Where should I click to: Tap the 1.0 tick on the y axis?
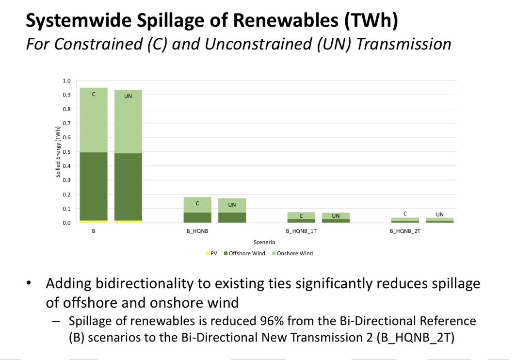(67, 81)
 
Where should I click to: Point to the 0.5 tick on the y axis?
(67, 152)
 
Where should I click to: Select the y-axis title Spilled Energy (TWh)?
(58, 152)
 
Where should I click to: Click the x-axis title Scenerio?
(265, 242)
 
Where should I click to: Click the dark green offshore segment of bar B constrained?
(94, 186)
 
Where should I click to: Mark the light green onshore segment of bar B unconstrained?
(128, 121)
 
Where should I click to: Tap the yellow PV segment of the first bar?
(94, 221)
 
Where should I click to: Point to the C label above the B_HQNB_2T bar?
(405, 213)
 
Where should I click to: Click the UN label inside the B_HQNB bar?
(232, 205)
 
